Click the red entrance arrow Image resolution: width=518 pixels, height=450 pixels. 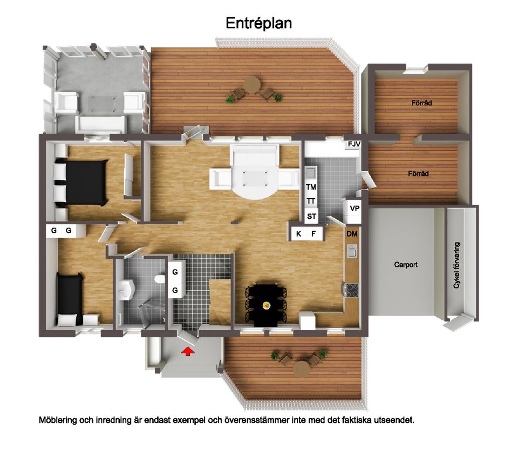(x=188, y=351)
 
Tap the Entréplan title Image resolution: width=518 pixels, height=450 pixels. (x=258, y=23)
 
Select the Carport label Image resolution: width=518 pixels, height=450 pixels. (x=406, y=265)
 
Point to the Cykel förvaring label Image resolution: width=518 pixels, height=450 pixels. (x=456, y=265)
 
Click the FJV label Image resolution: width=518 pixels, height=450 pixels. (x=354, y=144)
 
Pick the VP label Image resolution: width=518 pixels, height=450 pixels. (x=355, y=209)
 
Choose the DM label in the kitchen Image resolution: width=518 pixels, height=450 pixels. (x=352, y=234)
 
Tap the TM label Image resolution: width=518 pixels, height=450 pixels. (x=311, y=187)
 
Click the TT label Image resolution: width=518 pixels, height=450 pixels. (x=311, y=201)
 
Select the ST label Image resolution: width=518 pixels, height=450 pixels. (x=311, y=217)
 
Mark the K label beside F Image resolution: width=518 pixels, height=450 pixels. (x=298, y=234)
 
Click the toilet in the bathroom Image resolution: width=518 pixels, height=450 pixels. (x=160, y=279)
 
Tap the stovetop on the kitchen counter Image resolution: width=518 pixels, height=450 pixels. (x=351, y=290)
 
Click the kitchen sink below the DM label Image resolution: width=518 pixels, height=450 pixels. (x=352, y=251)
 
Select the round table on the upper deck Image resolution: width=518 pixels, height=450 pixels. (x=252, y=85)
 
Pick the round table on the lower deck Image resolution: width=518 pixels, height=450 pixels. (x=301, y=368)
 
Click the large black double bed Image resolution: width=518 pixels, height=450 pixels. (x=81, y=182)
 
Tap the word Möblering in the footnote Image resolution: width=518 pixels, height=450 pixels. (x=58, y=420)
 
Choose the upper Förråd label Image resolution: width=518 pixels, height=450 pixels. (x=421, y=103)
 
